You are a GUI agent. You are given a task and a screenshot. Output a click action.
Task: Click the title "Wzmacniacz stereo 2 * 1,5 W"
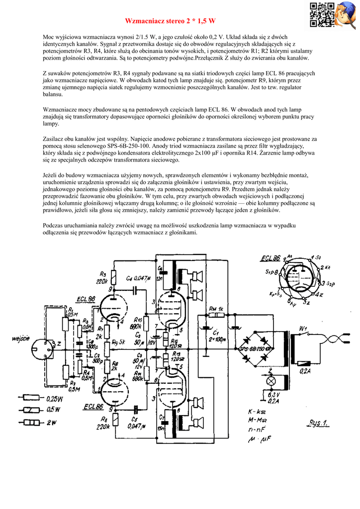click(x=170, y=21)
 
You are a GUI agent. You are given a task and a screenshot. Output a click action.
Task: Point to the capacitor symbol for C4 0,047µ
click(x=135, y=288)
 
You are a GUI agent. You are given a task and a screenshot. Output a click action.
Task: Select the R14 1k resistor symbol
click(x=215, y=315)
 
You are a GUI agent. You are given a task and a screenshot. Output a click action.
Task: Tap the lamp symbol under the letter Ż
click(x=271, y=380)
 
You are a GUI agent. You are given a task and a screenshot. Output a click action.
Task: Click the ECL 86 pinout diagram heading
click(x=271, y=258)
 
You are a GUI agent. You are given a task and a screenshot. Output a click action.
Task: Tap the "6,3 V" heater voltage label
click(x=272, y=396)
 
